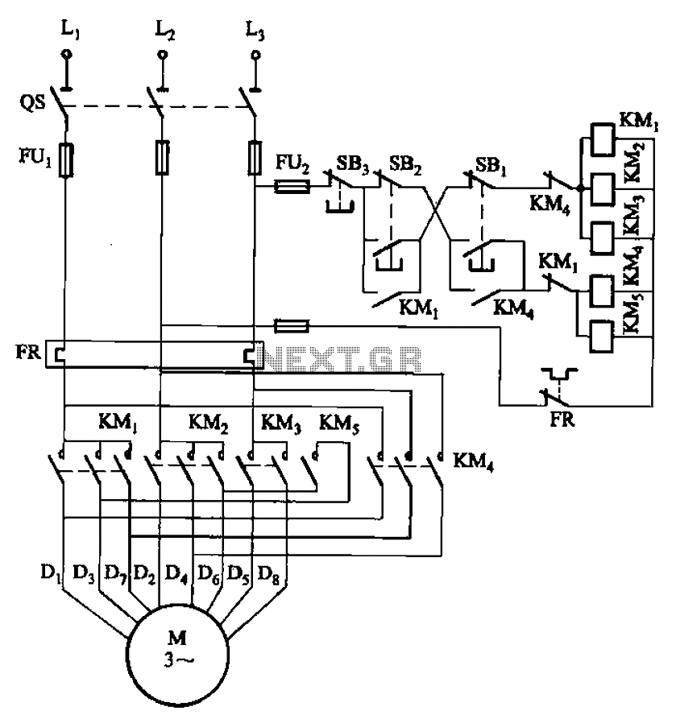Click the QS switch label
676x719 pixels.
click(33, 102)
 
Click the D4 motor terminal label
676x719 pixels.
click(175, 574)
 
